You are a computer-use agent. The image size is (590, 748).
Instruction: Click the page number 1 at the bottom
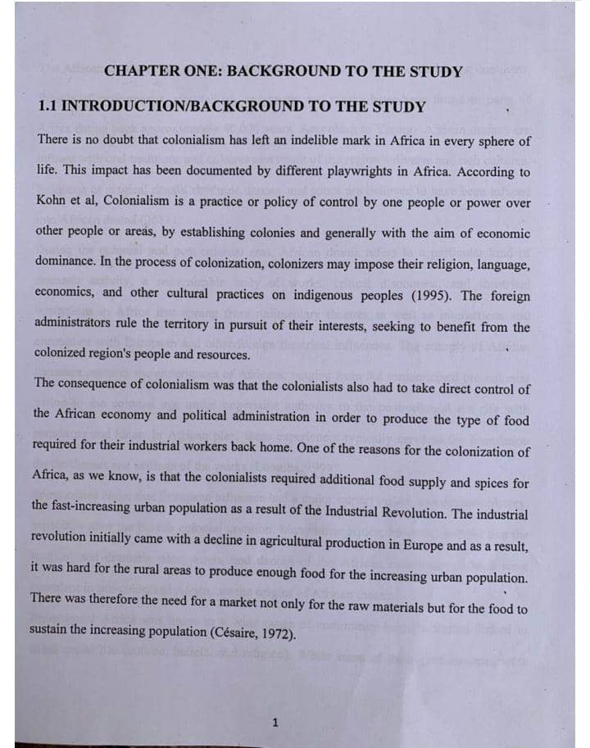coord(275,723)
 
